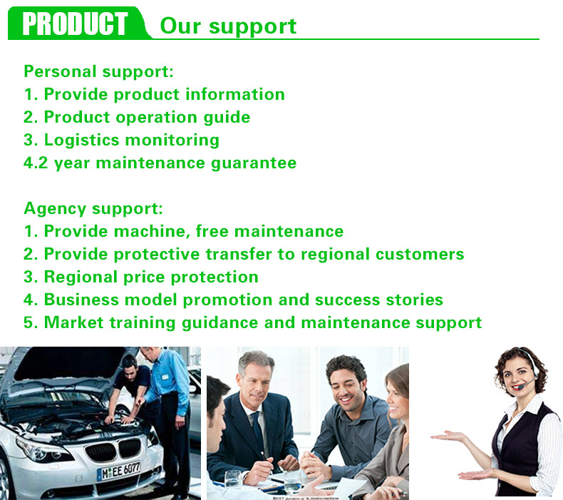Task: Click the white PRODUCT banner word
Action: (x=75, y=24)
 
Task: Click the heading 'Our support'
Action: (x=228, y=26)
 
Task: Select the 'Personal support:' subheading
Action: (x=99, y=71)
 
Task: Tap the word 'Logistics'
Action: (x=81, y=141)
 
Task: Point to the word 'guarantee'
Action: (x=254, y=163)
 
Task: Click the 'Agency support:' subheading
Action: (x=93, y=209)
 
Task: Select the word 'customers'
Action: (x=420, y=254)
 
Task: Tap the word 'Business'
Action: (x=81, y=300)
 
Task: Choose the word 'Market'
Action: (x=73, y=322)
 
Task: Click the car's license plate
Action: (x=119, y=471)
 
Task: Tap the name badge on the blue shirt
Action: (x=165, y=377)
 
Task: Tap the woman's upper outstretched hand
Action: (x=446, y=437)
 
